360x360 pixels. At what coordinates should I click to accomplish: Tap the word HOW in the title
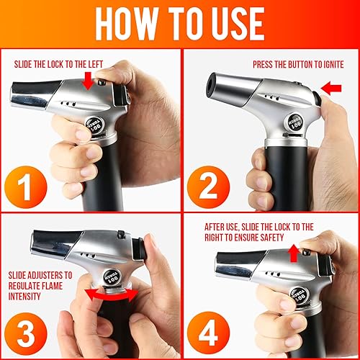tap(127, 24)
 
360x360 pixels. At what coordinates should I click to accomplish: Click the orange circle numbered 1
tap(25, 187)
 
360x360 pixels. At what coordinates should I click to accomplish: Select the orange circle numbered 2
tap(208, 187)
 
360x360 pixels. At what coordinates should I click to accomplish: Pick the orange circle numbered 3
tap(25, 334)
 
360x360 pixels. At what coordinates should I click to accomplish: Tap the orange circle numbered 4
tap(208, 333)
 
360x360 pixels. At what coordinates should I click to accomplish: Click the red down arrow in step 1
tap(88, 81)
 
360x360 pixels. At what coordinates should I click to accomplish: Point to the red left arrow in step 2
tap(331, 89)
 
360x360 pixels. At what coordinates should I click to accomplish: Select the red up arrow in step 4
tap(294, 253)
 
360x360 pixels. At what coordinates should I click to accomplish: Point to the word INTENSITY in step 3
tap(24, 296)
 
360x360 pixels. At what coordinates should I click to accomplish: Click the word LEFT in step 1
tap(96, 64)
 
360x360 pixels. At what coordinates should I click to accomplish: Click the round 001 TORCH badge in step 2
tap(295, 123)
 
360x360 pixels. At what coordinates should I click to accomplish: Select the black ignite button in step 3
tap(138, 249)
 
